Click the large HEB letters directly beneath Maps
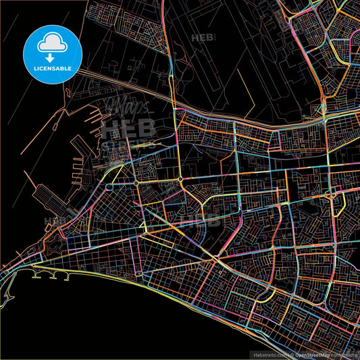pos(128,128)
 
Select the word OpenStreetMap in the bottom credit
pos(311,354)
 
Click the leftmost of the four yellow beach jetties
pos(36,276)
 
